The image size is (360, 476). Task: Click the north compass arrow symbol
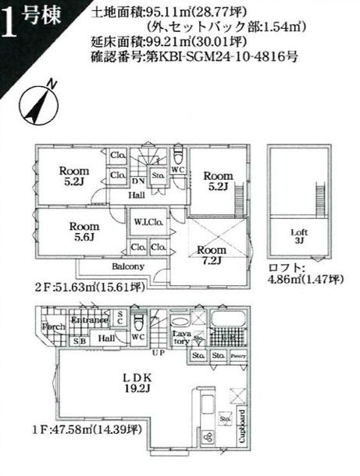tap(37, 104)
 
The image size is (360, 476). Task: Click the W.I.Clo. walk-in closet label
tap(147, 221)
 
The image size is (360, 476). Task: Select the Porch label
tap(54, 327)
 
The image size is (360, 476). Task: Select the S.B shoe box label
tap(80, 341)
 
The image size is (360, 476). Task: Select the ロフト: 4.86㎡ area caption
tap(305, 279)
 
